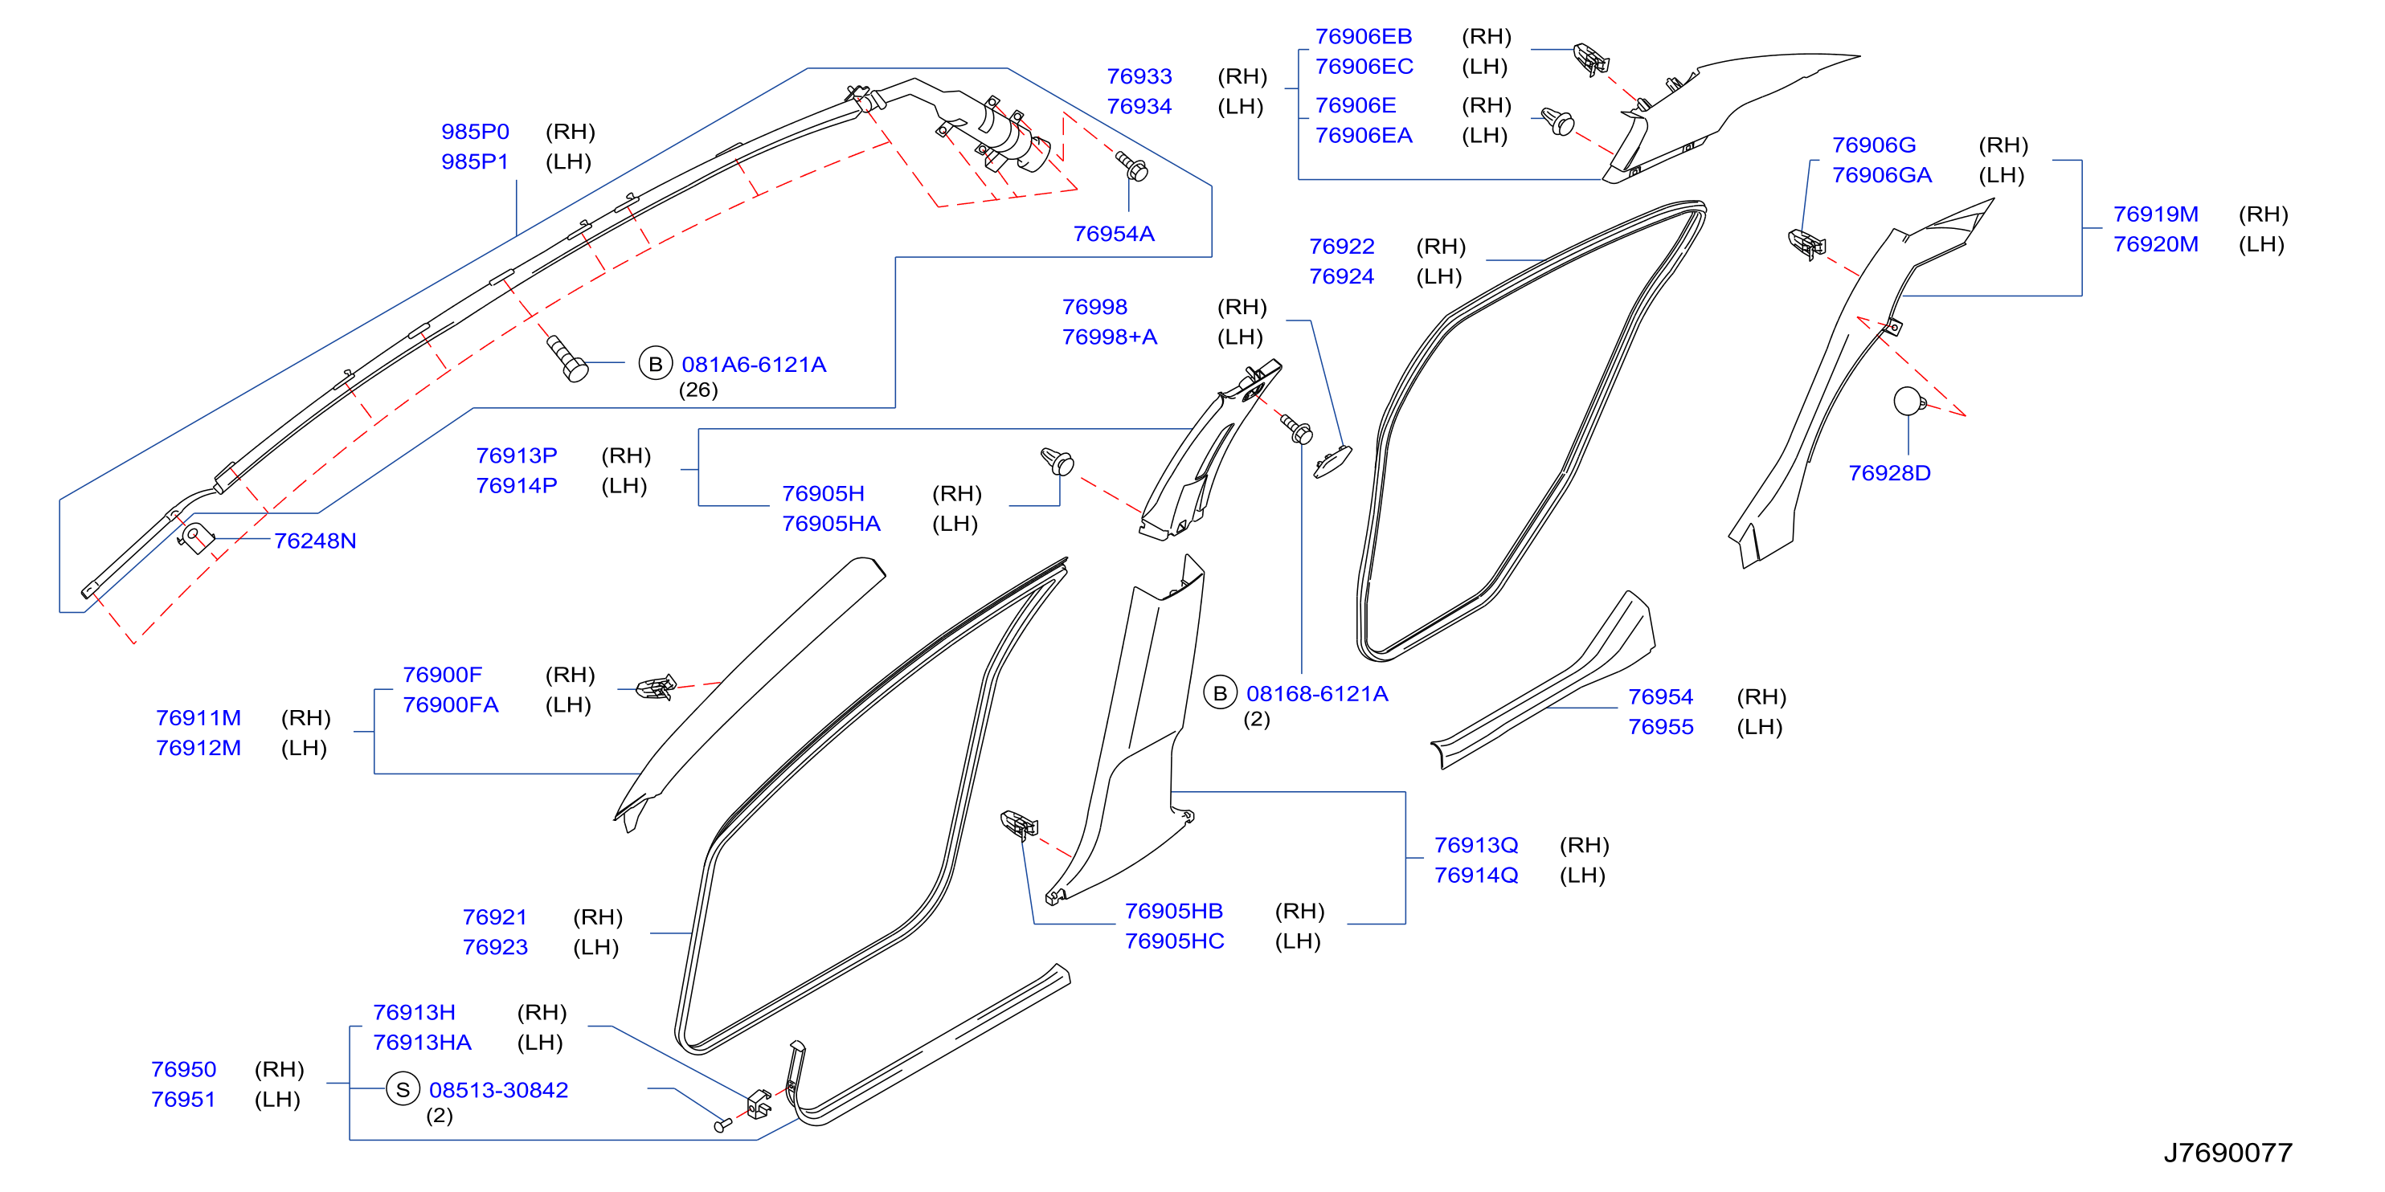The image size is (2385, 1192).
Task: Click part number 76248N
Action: [x=315, y=541]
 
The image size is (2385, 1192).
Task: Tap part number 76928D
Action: [x=1888, y=473]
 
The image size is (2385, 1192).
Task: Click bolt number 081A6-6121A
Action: [x=754, y=365]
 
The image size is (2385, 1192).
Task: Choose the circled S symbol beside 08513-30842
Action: [x=403, y=1090]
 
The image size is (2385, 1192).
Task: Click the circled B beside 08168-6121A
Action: [x=1221, y=693]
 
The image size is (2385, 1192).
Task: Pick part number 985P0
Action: [x=475, y=132]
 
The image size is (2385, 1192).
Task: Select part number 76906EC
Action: [x=1364, y=67]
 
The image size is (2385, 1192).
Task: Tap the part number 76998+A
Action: [x=1109, y=337]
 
